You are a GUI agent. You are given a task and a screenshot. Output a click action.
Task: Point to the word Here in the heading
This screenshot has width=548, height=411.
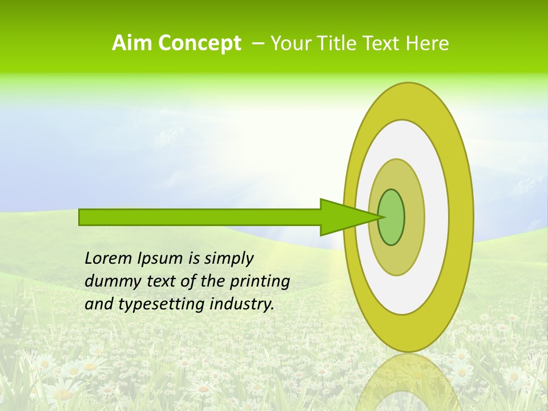(x=428, y=43)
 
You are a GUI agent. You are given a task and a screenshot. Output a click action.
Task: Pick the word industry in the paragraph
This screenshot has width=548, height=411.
(x=241, y=304)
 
